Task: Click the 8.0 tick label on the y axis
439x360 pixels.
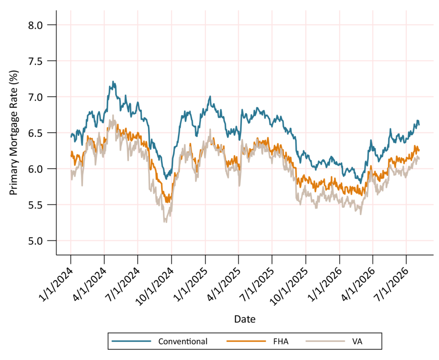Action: [35, 25]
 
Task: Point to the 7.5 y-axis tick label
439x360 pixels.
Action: [35, 61]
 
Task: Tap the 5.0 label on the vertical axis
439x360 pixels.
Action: [35, 241]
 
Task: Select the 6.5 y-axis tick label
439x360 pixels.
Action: [35, 133]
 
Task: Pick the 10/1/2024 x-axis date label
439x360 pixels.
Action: [156, 287]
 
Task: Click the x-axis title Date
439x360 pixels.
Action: [245, 319]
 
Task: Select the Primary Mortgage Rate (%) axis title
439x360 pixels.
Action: [14, 133]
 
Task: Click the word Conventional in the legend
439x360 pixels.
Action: [183, 342]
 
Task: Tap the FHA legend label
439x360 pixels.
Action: [281, 342]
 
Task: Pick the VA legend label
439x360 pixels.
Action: [358, 342]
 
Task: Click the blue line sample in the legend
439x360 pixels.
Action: [131, 341]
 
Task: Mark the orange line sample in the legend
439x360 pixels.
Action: [246, 341]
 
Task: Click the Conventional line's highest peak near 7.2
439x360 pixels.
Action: [113, 81]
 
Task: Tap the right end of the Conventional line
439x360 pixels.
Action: [419, 125]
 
